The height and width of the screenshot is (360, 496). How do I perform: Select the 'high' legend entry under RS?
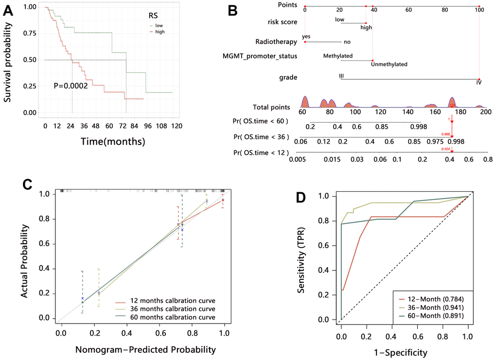click(x=157, y=31)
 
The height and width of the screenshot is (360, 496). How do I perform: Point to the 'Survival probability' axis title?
click(x=8, y=60)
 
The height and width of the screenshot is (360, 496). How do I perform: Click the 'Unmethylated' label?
click(x=389, y=64)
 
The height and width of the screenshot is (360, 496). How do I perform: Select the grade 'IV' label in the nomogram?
click(x=479, y=83)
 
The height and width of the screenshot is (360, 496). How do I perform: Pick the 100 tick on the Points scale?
click(x=479, y=9)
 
